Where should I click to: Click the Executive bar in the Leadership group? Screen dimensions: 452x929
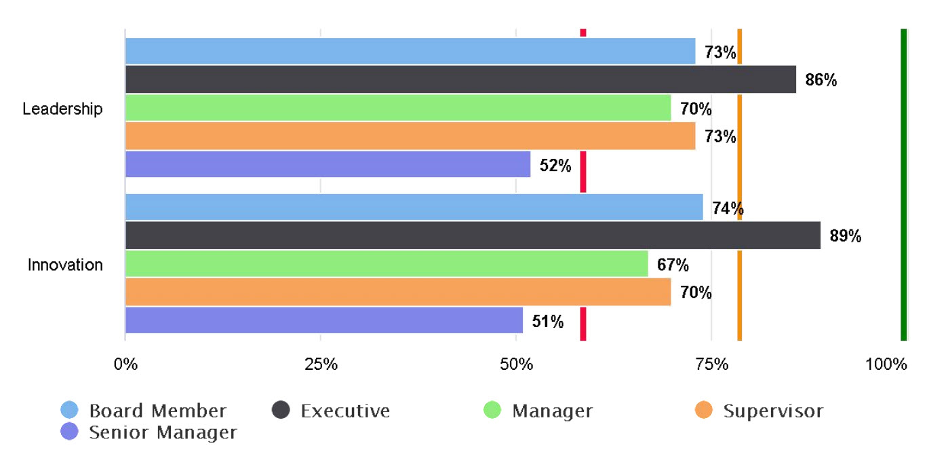pyautogui.click(x=460, y=79)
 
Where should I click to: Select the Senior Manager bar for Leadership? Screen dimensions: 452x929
pyautogui.click(x=328, y=164)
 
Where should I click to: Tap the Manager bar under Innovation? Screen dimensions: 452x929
pyautogui.click(x=387, y=263)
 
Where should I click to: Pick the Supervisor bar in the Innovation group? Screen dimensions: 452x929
pyautogui.click(x=398, y=292)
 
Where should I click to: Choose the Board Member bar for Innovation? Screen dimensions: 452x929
pyautogui.click(x=414, y=207)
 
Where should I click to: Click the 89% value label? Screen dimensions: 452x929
pyautogui.click(x=845, y=236)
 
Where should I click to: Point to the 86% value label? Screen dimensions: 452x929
pyautogui.click(x=821, y=80)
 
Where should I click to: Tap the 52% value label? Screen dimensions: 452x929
pyautogui.click(x=555, y=165)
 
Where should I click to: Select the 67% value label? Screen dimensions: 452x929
pyautogui.click(x=673, y=264)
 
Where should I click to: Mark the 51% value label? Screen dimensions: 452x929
pyautogui.click(x=547, y=321)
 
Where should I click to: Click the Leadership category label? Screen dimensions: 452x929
pyautogui.click(x=62, y=109)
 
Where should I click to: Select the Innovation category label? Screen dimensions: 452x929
pyautogui.click(x=65, y=265)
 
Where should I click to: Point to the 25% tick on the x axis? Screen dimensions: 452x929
pyautogui.click(x=321, y=364)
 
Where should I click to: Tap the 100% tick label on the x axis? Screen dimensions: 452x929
pyautogui.click(x=886, y=364)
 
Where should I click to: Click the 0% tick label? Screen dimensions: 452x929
pyautogui.click(x=125, y=364)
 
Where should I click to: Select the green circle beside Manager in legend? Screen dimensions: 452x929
pyautogui.click(x=492, y=410)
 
